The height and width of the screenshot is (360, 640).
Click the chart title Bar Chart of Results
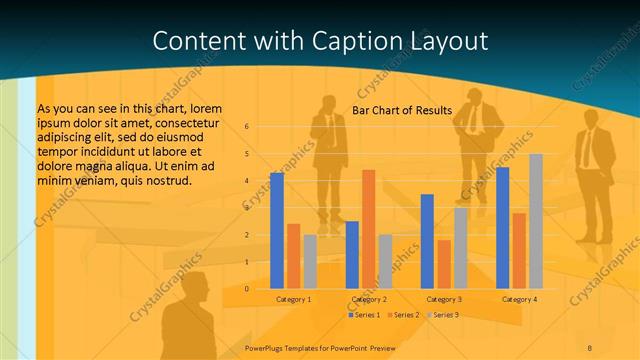402,110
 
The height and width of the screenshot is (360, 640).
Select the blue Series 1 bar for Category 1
277,230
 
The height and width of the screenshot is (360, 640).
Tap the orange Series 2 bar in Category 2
369,229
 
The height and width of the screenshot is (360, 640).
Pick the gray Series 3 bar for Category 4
536,221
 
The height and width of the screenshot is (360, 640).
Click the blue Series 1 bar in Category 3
427,241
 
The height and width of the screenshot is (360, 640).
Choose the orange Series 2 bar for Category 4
519,250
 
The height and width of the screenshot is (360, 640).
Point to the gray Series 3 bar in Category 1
310,261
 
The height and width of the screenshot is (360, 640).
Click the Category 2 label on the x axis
369,299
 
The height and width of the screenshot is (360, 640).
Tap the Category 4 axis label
519,299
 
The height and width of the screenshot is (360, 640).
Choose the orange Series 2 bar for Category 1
293,256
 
